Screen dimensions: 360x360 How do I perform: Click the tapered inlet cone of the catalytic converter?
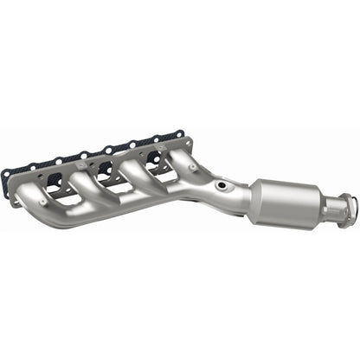[x=257, y=192]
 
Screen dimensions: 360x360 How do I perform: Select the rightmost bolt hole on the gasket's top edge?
[x=180, y=135]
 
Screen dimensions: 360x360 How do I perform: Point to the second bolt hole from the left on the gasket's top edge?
[x=56, y=160]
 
